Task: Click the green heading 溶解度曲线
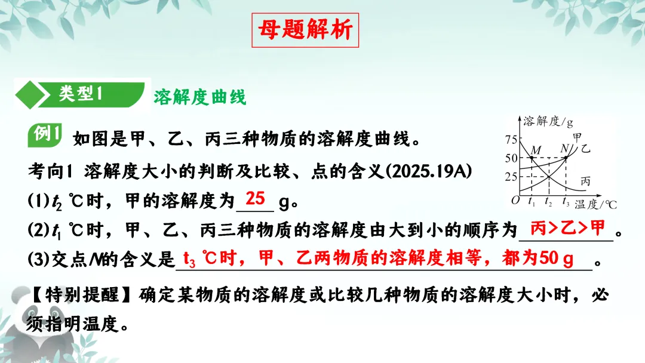point(200,97)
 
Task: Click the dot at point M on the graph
point(532,158)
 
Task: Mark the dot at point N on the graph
point(566,158)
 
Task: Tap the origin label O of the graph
point(515,201)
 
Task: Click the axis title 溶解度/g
point(548,122)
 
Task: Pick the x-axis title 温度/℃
point(595,204)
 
